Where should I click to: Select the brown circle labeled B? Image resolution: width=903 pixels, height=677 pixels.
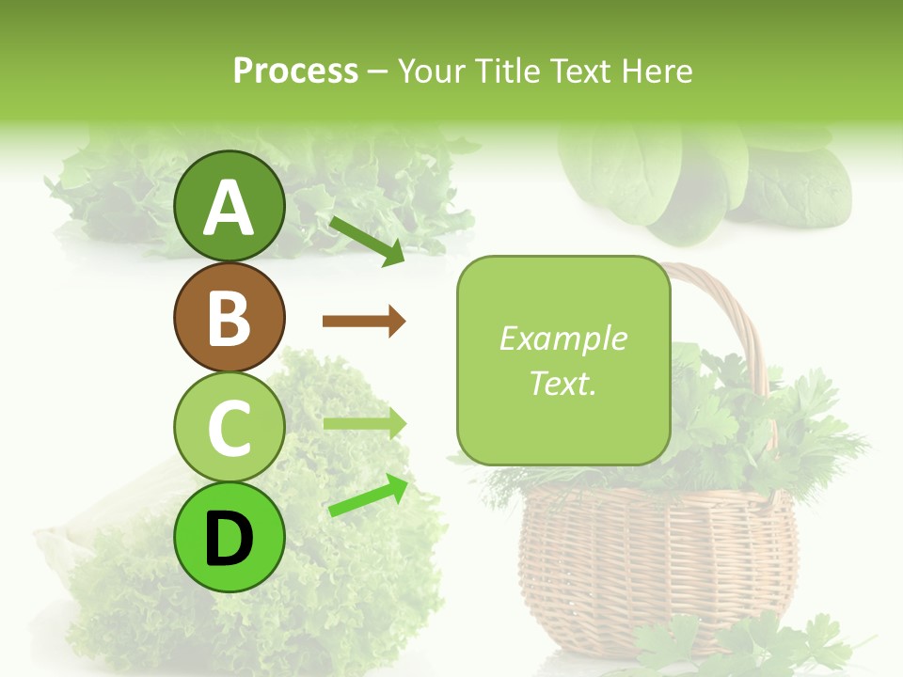pos(229,317)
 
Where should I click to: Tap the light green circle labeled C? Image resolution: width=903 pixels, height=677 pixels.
pos(229,428)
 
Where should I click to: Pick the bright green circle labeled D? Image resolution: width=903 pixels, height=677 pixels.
pos(229,538)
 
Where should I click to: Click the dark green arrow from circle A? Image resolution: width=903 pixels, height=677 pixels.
pos(367,240)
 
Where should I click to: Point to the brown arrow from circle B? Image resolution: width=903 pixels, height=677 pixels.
pos(364,322)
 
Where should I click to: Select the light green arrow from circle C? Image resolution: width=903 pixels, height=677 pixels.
pos(364,424)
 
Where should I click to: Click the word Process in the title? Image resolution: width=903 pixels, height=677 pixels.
pos(295,71)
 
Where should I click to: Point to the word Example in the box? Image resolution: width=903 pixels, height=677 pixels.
pos(562,338)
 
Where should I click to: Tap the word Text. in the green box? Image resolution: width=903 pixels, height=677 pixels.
pos(562,383)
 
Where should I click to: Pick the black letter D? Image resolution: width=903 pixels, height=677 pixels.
pos(229,540)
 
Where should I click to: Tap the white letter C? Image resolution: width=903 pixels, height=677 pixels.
pos(229,429)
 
